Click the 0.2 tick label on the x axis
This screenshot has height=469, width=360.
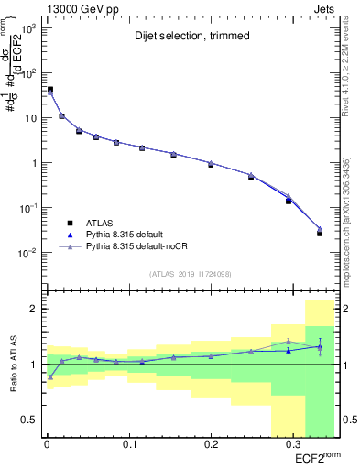point(211,444)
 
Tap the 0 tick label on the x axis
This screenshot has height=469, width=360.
point(47,444)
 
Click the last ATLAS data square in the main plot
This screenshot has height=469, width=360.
point(320,234)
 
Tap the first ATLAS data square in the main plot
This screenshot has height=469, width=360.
point(50,90)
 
